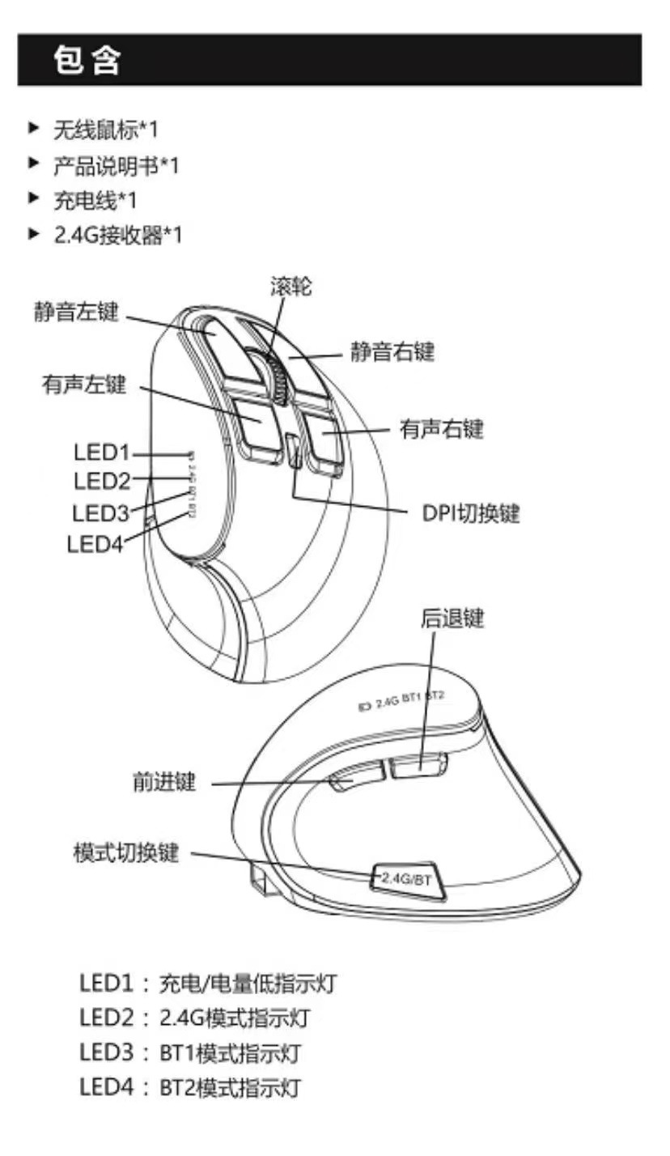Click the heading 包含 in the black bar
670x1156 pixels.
click(87, 61)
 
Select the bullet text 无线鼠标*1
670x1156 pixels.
click(106, 130)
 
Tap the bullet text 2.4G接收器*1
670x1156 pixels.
click(118, 236)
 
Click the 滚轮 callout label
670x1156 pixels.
click(290, 287)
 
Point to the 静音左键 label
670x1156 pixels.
click(76, 312)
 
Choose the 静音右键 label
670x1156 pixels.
click(392, 352)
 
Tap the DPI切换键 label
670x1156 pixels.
click(470, 513)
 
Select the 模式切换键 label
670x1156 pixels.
click(125, 854)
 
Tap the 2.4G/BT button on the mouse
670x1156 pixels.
click(408, 879)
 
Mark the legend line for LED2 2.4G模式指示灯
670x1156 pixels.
click(194, 1018)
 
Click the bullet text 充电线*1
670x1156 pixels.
click(95, 200)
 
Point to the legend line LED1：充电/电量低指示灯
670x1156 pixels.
click(207, 984)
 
